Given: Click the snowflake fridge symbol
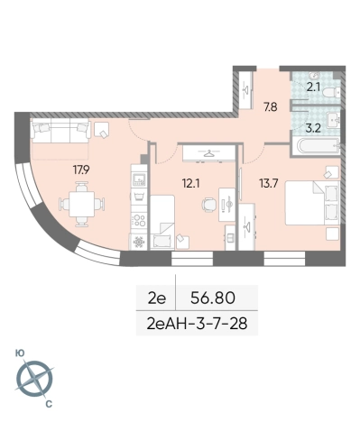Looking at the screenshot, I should coord(138,243).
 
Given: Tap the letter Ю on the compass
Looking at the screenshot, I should coord(19,355).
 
